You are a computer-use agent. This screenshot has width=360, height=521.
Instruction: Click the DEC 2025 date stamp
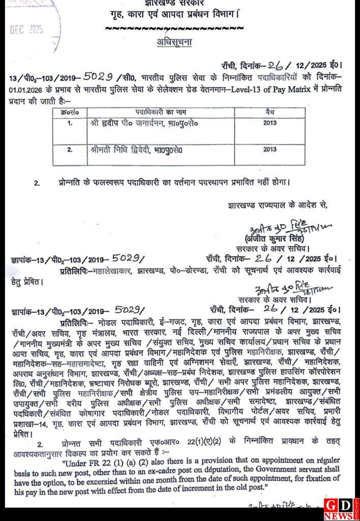[x=26, y=29]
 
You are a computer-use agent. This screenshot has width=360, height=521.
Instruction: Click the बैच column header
[x=270, y=110]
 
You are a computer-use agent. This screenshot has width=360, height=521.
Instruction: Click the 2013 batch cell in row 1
[x=270, y=123]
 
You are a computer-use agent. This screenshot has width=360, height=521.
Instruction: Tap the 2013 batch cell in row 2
[x=270, y=150]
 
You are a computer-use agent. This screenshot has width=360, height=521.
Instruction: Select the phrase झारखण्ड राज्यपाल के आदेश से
[x=278, y=206]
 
